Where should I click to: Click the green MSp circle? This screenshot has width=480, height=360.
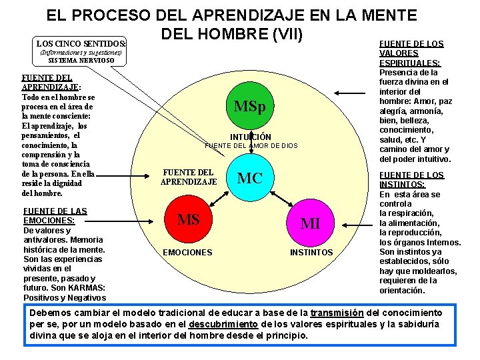tap(249, 107)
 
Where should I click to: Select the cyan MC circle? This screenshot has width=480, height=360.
tap(249, 178)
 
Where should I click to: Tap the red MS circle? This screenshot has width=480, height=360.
tap(189, 219)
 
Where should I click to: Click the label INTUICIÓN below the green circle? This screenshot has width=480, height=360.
tap(251, 137)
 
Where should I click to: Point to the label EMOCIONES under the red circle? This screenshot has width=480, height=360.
tap(188, 252)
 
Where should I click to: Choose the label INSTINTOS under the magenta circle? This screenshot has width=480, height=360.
tap(311, 253)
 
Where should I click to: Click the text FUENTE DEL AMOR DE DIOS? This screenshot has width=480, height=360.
tap(251, 145)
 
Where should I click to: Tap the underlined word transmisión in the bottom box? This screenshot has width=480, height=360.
tap(336, 313)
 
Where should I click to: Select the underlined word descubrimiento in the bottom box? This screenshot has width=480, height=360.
tap(223, 324)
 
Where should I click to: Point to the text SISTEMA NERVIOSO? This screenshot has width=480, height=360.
tap(81, 61)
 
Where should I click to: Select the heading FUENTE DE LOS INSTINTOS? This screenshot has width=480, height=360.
tap(411, 180)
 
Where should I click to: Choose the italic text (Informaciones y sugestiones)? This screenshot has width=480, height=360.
tap(81, 52)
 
